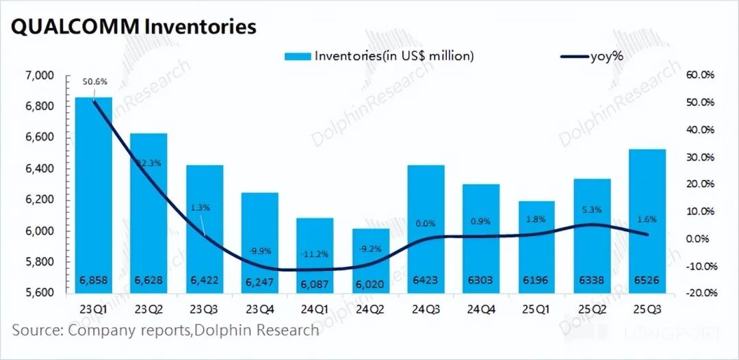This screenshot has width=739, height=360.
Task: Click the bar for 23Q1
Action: coord(93,195)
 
